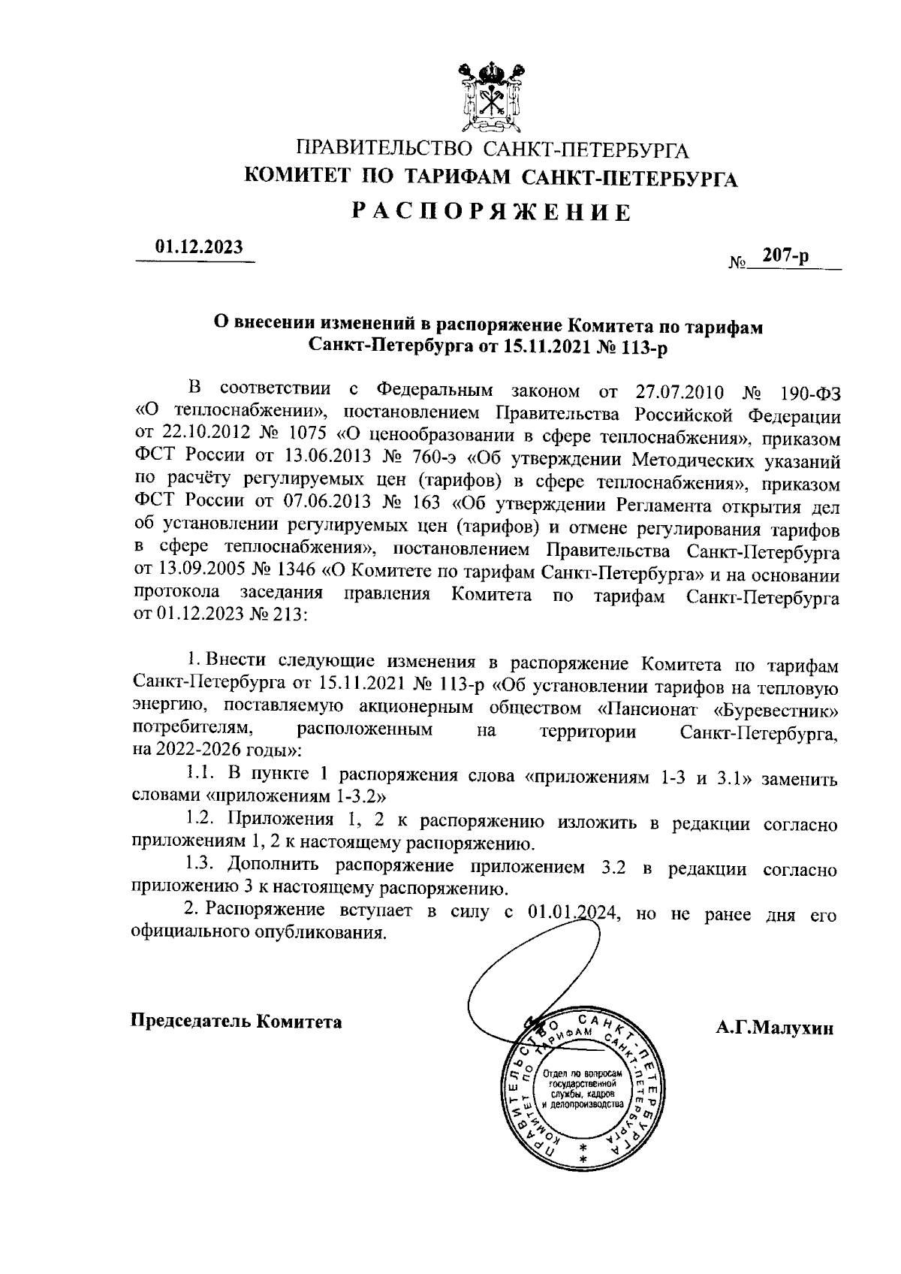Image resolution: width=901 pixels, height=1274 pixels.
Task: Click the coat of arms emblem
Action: click(x=490, y=96)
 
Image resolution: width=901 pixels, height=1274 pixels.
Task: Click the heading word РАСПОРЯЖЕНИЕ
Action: click(x=492, y=213)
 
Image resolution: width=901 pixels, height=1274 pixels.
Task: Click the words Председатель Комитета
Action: click(x=237, y=1022)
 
